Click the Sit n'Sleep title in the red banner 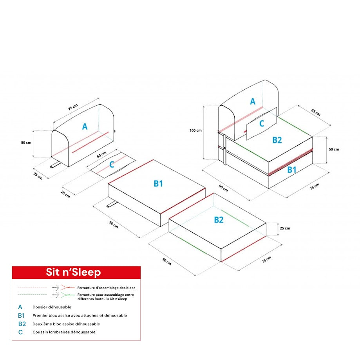73,272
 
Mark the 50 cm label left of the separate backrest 26,143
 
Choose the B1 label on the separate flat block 158,183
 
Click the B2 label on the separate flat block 219,220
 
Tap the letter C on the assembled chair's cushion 262,123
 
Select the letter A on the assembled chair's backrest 253,101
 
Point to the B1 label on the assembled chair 292,170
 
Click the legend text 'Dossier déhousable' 52,307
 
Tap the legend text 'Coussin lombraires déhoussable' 64,332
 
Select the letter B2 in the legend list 22,324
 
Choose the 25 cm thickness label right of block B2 285,228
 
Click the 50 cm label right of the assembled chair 334,149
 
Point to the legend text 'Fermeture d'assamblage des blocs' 106,288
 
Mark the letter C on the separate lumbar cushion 112,165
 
